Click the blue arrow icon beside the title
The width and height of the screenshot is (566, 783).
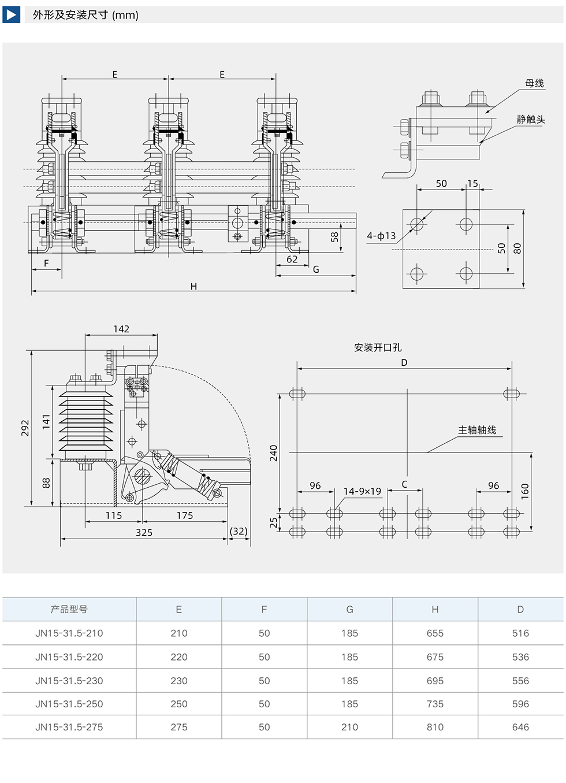12,14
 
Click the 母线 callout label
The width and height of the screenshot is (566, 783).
534,83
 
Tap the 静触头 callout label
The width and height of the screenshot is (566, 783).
530,119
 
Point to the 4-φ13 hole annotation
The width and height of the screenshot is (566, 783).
381,236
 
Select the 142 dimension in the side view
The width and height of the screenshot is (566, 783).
121,329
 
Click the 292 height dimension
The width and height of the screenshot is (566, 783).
25,428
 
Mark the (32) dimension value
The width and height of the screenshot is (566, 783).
239,531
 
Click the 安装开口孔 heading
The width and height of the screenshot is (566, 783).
378,347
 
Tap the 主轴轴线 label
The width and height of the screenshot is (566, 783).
477,430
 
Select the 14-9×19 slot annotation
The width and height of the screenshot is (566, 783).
362,491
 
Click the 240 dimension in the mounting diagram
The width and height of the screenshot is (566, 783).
274,453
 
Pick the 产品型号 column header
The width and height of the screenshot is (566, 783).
69,609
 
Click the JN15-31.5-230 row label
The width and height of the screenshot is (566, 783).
69,681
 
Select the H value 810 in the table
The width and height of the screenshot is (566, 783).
435,727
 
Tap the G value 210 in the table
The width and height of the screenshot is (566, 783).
349,727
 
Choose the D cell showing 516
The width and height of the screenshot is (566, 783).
520,633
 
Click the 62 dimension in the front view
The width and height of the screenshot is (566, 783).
292,259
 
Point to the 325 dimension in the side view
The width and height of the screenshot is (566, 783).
144,532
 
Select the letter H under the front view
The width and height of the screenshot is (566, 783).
193,286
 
